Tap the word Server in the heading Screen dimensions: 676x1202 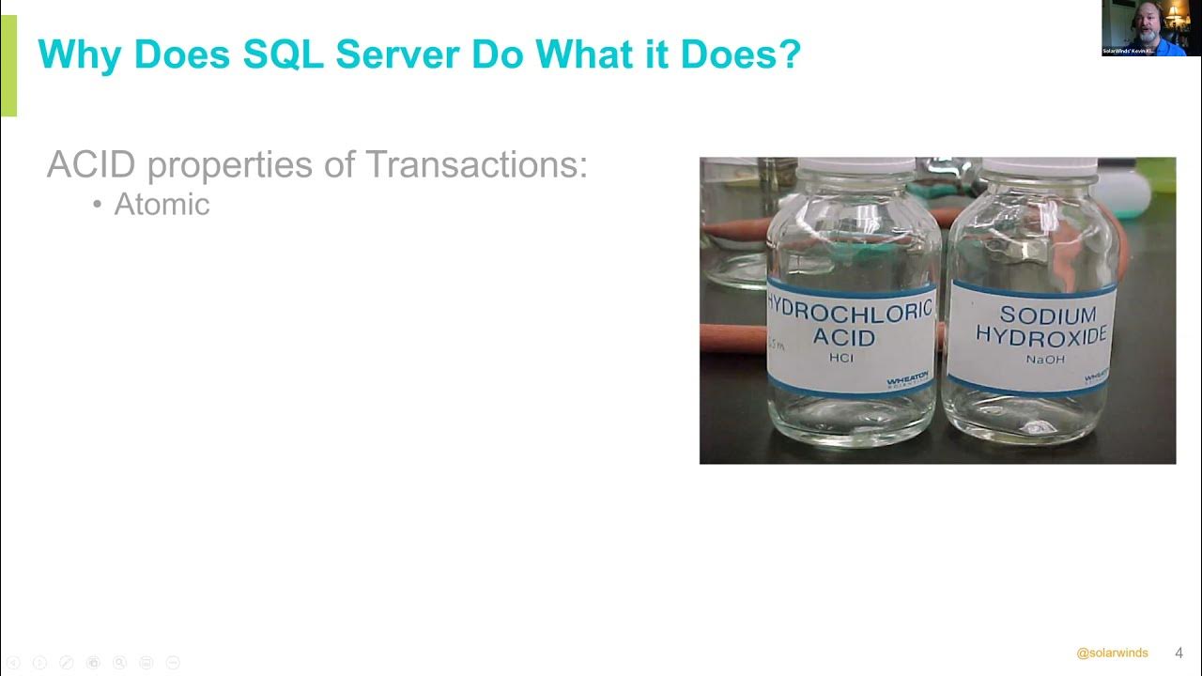click(x=397, y=54)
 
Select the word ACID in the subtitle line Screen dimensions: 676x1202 click(x=91, y=165)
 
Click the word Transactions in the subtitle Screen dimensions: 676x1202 click(x=476, y=165)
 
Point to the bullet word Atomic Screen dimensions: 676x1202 click(x=162, y=205)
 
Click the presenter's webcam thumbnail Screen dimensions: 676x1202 click(x=1150, y=28)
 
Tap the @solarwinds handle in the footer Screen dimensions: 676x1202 click(x=1112, y=653)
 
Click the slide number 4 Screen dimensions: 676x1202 click(x=1179, y=653)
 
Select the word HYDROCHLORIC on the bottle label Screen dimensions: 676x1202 click(x=851, y=308)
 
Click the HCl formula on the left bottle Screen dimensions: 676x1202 click(x=841, y=359)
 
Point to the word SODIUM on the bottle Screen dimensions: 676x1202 click(x=1034, y=315)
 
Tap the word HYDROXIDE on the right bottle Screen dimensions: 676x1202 click(x=1041, y=335)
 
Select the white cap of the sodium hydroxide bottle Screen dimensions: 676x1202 click(x=1039, y=167)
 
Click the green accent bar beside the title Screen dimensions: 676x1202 click(x=8, y=66)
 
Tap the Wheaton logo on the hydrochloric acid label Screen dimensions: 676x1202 click(x=907, y=378)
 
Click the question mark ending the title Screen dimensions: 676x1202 click(x=790, y=54)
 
